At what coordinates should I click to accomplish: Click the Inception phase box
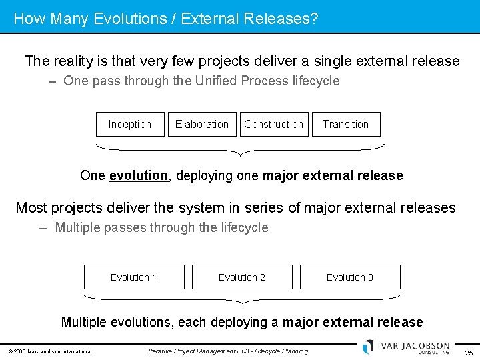(129, 124)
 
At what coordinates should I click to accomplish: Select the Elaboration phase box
(201, 124)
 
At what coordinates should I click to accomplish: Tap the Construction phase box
(273, 124)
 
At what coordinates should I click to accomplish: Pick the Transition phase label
(345, 124)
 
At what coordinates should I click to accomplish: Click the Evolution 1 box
(134, 277)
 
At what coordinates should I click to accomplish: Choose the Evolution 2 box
(242, 277)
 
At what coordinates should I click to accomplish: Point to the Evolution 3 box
(350, 277)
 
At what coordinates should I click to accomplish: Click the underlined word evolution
(139, 176)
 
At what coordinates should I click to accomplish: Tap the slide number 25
(469, 352)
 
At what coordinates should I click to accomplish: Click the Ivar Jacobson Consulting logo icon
(369, 347)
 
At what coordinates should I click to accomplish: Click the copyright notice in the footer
(50, 351)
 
